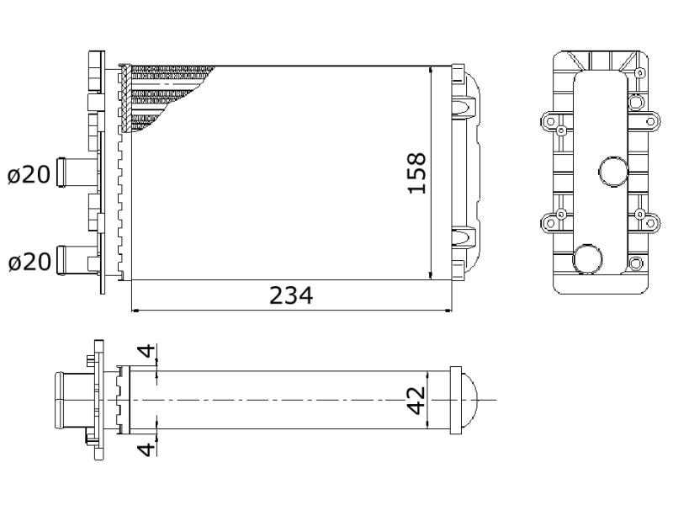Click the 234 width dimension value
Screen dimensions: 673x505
point(291,295)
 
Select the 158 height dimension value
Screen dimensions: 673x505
point(416,173)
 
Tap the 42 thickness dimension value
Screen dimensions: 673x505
point(416,401)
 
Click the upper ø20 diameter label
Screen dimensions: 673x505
point(29,175)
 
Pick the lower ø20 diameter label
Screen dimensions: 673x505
point(29,262)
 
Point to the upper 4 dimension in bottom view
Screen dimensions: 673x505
point(146,351)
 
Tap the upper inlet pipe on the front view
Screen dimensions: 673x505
point(77,173)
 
